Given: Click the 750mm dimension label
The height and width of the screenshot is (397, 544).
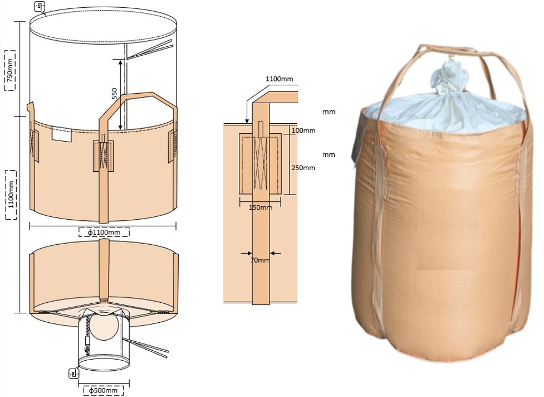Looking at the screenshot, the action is pos(9,70).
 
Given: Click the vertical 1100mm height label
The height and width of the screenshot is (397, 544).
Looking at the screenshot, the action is pos(11,195).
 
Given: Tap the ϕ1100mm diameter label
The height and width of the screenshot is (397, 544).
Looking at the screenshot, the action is pos(104,232).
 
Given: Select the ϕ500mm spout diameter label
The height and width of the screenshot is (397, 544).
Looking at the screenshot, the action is pos(103,390).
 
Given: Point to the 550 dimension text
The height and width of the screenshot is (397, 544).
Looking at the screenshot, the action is pos(114,94).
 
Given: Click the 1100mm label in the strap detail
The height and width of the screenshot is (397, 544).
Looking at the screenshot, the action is pos(280,79).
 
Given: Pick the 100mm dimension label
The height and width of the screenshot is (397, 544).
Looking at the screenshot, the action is pos(303,130).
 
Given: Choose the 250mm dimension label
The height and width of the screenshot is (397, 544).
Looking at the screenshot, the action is pos(303,168).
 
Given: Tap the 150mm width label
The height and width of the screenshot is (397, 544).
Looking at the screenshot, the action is pos(260,207).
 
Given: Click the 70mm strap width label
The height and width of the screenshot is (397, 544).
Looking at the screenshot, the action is pos(260,259).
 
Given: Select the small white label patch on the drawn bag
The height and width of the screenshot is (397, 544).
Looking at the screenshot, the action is pos(62,134).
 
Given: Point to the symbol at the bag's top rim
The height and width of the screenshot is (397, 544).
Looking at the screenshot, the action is pos(40,6).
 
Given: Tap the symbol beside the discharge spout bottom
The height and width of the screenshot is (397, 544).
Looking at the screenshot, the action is pos(73,374).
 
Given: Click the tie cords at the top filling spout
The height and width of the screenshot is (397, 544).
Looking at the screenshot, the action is pos(150,49).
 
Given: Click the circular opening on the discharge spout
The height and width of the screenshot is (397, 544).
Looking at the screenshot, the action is pos(104,326).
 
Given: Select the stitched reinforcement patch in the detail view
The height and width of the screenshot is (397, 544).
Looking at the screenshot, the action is pos(260,163).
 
